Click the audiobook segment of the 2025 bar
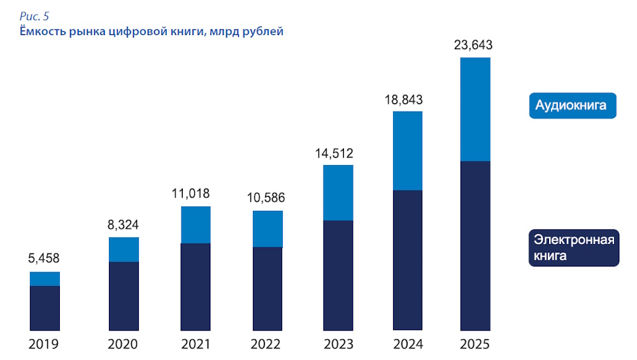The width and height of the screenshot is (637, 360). click(475, 109)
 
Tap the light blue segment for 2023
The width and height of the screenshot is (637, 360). click(338, 192)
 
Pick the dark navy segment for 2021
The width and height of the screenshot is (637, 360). click(196, 286)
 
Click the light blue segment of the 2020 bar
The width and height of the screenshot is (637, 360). click(124, 249)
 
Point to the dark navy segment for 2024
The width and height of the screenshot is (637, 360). click(408, 259)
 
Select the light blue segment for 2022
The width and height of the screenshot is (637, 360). click(268, 229)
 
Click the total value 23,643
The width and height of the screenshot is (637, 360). click(473, 45)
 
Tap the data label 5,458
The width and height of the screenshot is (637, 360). click(44, 259)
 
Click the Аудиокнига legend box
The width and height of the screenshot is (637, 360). click(573, 105)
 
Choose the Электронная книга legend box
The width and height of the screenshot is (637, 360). click(574, 248)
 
